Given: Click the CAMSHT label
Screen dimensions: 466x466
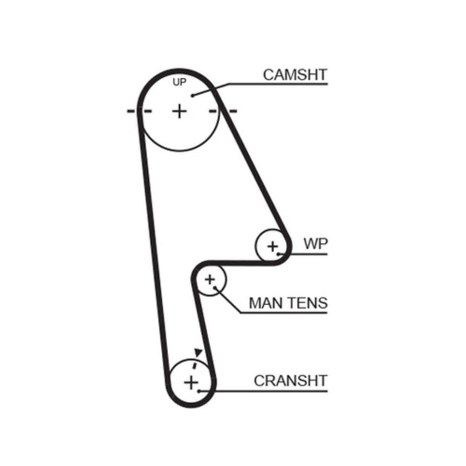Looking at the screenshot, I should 295,75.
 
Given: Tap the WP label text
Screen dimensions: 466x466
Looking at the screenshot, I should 315,244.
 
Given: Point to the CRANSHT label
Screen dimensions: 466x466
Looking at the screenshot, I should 290,380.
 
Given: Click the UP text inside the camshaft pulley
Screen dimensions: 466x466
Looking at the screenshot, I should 179,83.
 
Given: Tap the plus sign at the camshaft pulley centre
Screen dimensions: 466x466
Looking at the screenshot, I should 179,111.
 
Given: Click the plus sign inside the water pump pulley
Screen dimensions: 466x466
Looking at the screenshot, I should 273,246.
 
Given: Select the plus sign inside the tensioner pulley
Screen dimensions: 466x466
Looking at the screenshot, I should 210,280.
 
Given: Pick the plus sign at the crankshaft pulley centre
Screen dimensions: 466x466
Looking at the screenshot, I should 191,383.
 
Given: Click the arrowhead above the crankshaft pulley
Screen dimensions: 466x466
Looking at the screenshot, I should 199,352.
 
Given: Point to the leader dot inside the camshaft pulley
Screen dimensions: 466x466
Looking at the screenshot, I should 192,96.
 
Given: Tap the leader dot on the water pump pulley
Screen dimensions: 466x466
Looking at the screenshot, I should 279,254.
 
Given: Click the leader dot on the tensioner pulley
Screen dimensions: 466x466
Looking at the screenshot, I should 216,288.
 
